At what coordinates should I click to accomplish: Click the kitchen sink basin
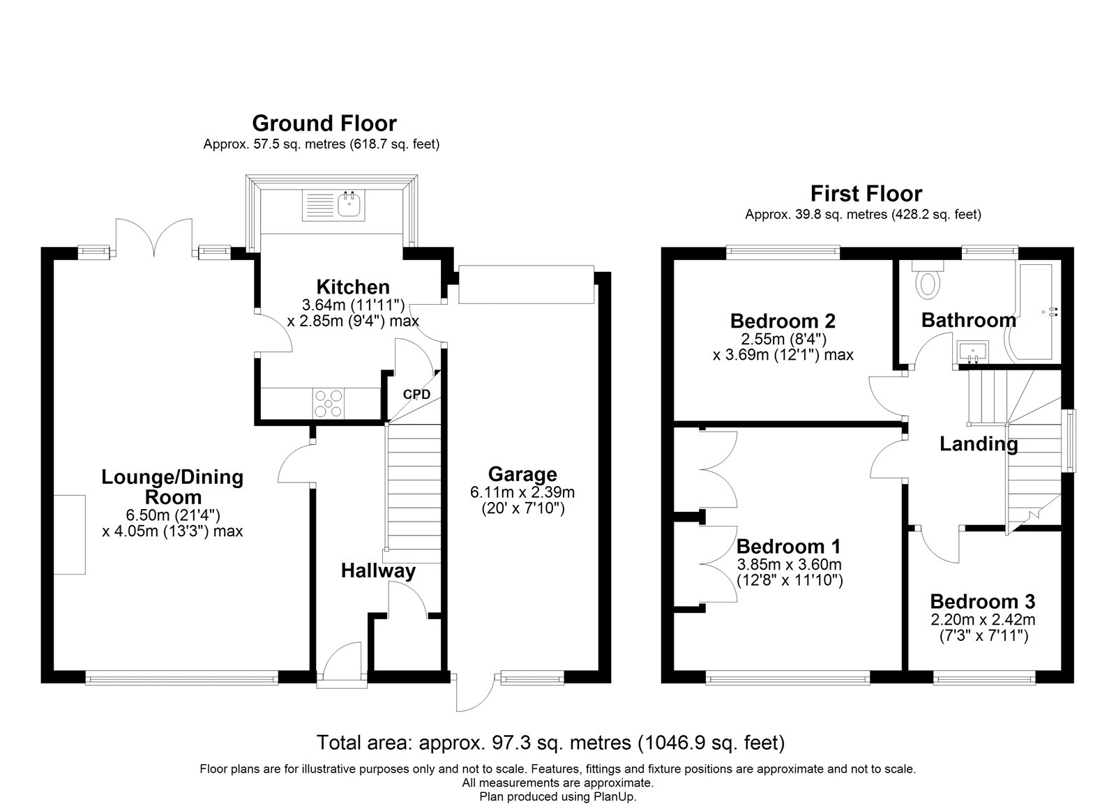[349, 205]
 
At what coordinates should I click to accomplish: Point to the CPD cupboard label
[416, 395]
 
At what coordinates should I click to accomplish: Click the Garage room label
[522, 473]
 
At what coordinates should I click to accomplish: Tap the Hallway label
[378, 571]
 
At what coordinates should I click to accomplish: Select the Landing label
[979, 444]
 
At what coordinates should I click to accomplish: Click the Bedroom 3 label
[983, 602]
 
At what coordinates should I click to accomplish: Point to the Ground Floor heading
[324, 123]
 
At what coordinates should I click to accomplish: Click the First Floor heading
[866, 193]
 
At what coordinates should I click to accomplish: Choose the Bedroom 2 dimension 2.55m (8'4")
[784, 339]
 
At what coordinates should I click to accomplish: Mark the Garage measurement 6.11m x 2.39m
[522, 493]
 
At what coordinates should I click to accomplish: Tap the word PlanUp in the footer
[614, 796]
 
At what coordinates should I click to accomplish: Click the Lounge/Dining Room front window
[182, 678]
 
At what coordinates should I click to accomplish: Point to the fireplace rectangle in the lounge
[69, 535]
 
